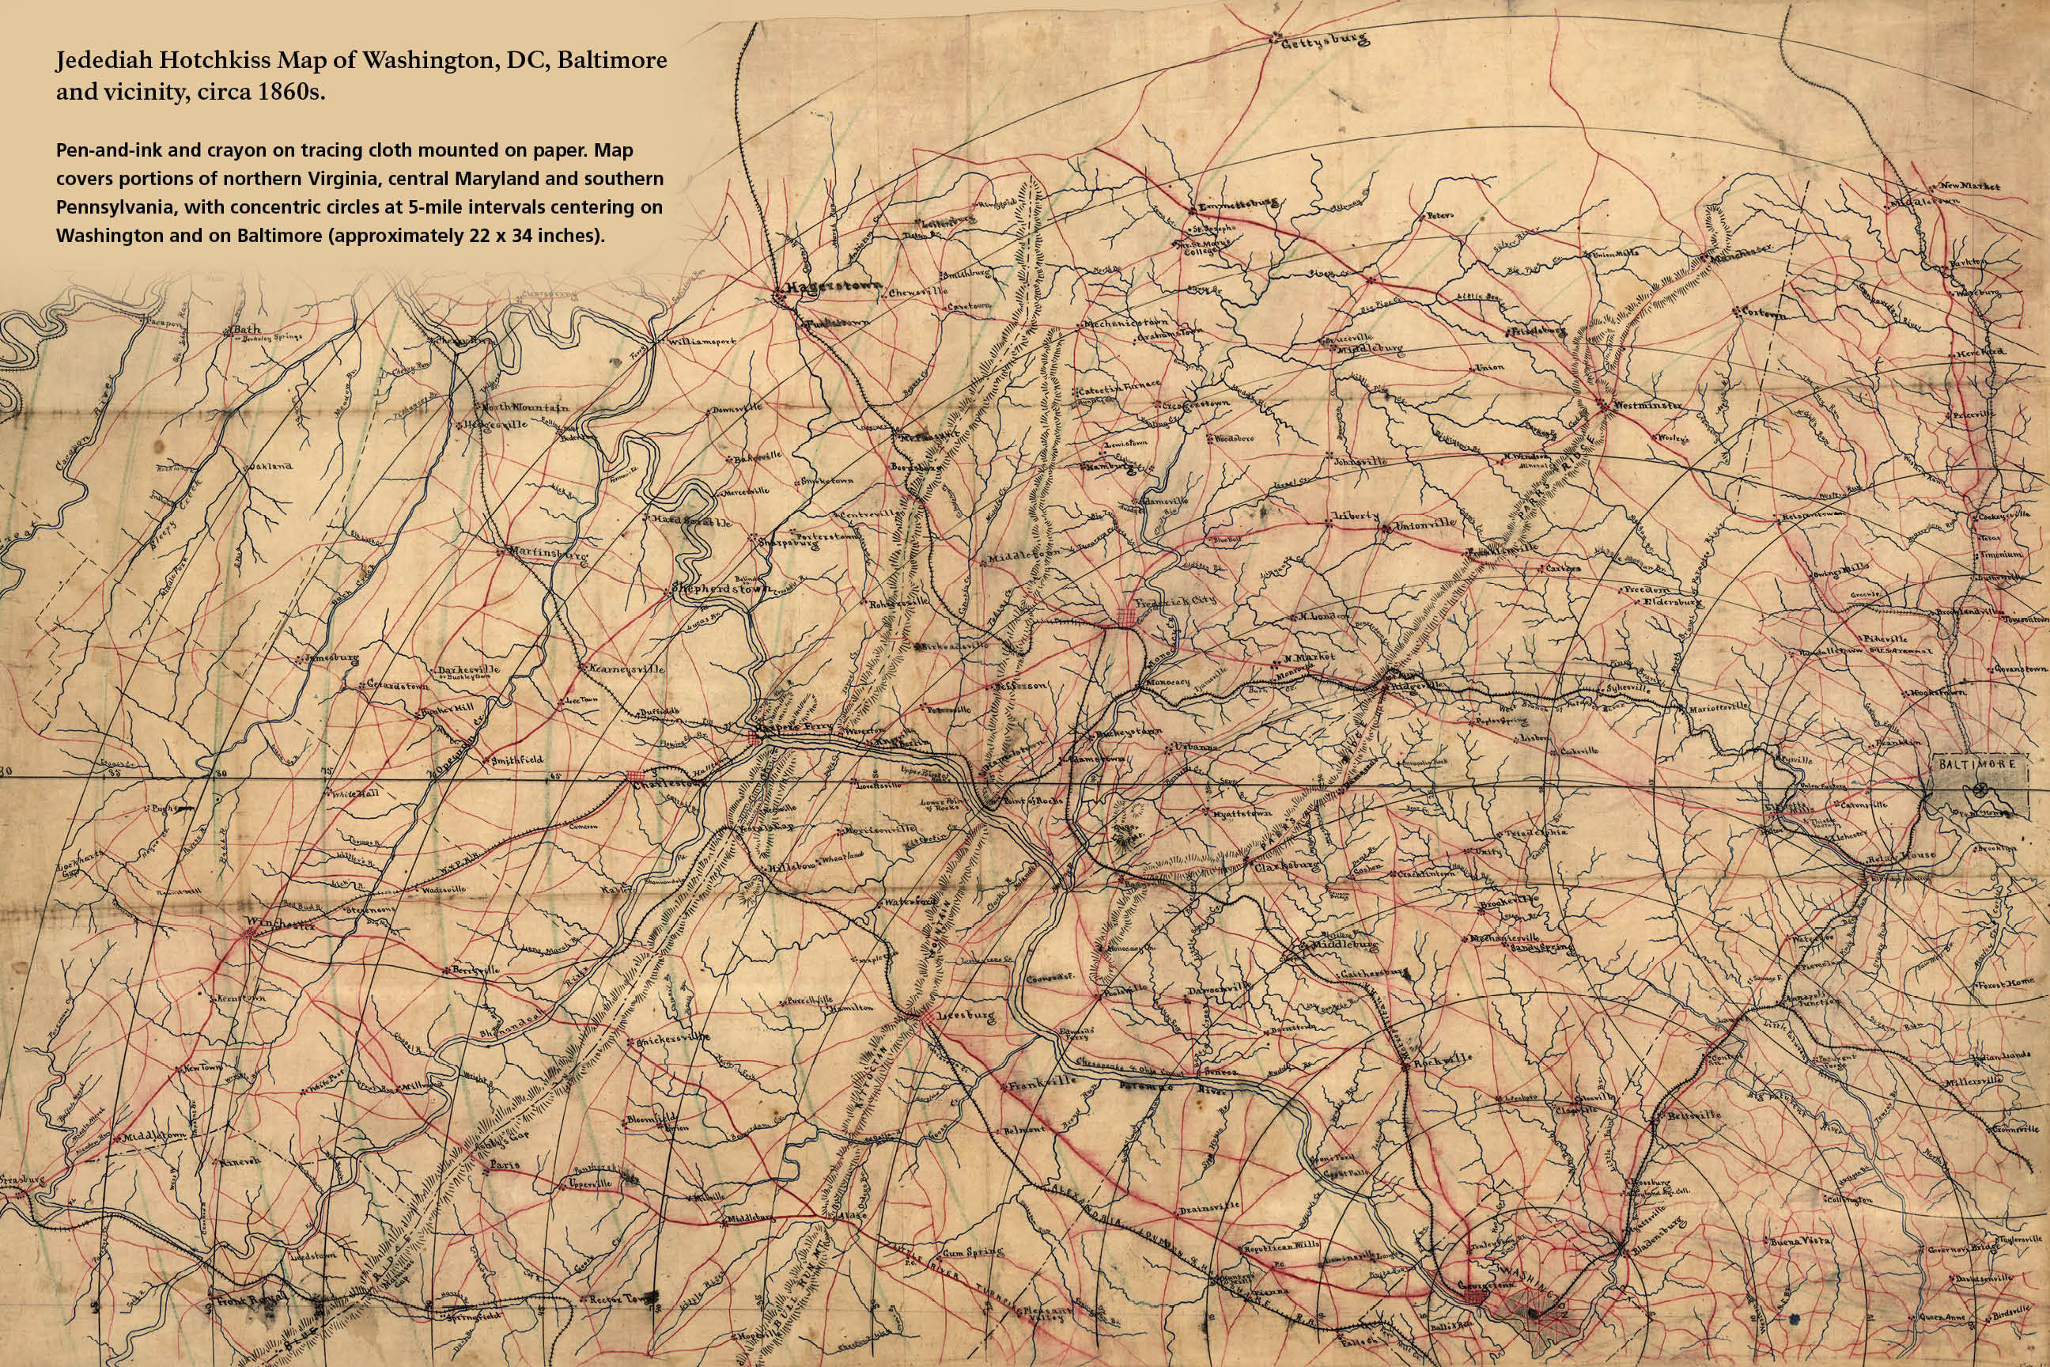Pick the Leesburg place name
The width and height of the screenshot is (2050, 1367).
tap(965, 1016)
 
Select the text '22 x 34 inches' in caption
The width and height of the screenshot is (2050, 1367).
tap(512, 236)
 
